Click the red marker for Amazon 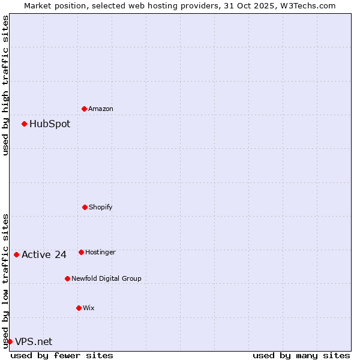pyautogui.click(x=84, y=109)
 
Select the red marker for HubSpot pyautogui.click(x=24, y=124)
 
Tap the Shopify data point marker pyautogui.click(x=85, y=207)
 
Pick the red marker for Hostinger pyautogui.click(x=81, y=252)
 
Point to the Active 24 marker pyautogui.click(x=16, y=254)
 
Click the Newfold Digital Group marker pyautogui.click(x=67, y=278)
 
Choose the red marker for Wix pyautogui.click(x=79, y=308)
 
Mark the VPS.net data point pyautogui.click(x=10, y=341)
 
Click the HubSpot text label pyautogui.click(x=50, y=124)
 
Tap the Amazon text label pyautogui.click(x=101, y=109)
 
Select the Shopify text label pyautogui.click(x=101, y=207)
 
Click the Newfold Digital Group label pyautogui.click(x=107, y=278)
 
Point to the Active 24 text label pyautogui.click(x=44, y=255)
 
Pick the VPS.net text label pyautogui.click(x=34, y=342)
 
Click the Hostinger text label pyautogui.click(x=100, y=252)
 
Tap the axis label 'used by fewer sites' pyautogui.click(x=62, y=355)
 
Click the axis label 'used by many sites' pyautogui.click(x=301, y=355)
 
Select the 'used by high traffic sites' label pyautogui.click(x=5, y=85)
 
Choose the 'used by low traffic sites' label pyautogui.click(x=5, y=281)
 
